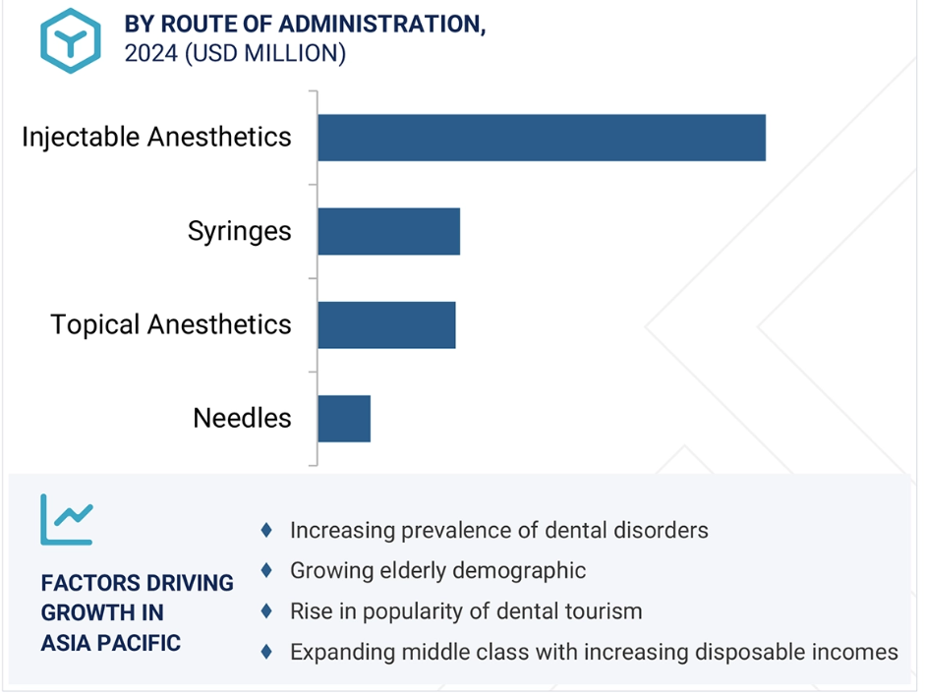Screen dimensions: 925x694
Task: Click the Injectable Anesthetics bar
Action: pyautogui.click(x=542, y=138)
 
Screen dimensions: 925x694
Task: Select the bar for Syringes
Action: pyautogui.click(x=388, y=231)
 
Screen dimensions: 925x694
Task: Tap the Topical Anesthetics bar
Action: pyautogui.click(x=386, y=325)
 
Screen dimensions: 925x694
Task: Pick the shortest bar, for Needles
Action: pyautogui.click(x=344, y=419)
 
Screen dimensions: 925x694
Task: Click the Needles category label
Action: pyautogui.click(x=242, y=418)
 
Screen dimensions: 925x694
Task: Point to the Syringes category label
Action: pyautogui.click(x=240, y=231)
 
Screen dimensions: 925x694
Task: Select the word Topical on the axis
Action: pyautogui.click(x=95, y=325)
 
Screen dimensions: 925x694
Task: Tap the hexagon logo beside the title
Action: pyautogui.click(x=70, y=40)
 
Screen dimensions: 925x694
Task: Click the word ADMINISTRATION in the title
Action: pyautogui.click(x=381, y=25)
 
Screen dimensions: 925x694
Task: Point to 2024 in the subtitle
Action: pyautogui.click(x=151, y=53)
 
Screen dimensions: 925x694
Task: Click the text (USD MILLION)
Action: pyautogui.click(x=265, y=53)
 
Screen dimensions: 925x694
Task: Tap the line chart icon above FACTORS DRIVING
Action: pyautogui.click(x=67, y=520)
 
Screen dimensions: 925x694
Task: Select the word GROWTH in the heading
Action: pyautogui.click(x=79, y=612)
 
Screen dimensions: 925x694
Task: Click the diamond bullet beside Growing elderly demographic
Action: pyautogui.click(x=266, y=571)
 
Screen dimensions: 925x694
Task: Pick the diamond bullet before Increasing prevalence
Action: pyautogui.click(x=266, y=530)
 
